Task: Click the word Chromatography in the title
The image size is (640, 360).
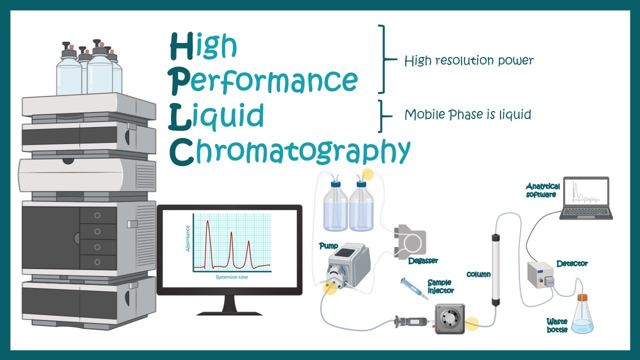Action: click(x=290, y=150)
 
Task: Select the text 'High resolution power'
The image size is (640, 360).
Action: click(x=468, y=61)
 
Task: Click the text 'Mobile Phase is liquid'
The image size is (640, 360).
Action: click(x=467, y=114)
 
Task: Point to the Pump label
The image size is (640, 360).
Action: click(x=328, y=246)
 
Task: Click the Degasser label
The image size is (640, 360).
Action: click(x=423, y=260)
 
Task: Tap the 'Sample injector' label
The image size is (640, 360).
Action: click(x=440, y=286)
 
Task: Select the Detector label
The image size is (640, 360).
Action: click(x=572, y=263)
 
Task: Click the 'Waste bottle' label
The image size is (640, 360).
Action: click(x=557, y=325)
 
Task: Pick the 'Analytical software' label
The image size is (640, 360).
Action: click(x=543, y=190)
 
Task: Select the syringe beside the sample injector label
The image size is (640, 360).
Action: click(x=414, y=288)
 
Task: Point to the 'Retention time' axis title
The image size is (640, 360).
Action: click(x=231, y=277)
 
